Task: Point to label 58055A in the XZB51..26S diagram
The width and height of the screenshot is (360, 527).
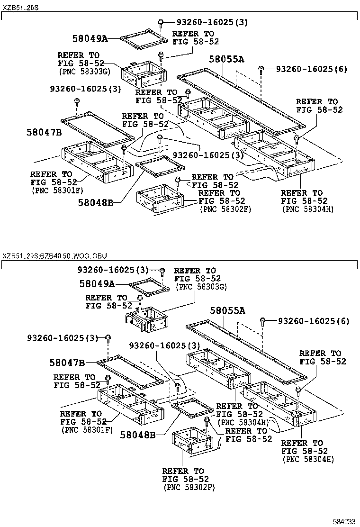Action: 227,59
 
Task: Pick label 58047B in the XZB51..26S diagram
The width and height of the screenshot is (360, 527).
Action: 44,132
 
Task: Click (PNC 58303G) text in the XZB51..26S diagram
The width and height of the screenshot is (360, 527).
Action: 84,71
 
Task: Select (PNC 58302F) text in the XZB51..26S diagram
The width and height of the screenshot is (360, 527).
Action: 225,209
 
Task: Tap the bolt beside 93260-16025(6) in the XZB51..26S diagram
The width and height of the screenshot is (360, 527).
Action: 261,70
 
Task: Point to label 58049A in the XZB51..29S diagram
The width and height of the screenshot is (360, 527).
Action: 97,283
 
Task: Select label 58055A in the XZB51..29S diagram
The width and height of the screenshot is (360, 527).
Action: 228,311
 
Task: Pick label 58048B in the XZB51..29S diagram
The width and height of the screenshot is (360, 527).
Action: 137,434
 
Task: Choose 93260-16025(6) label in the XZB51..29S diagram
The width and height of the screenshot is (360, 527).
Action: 313,321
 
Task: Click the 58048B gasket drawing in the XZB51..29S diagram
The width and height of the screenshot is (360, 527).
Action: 191,408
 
